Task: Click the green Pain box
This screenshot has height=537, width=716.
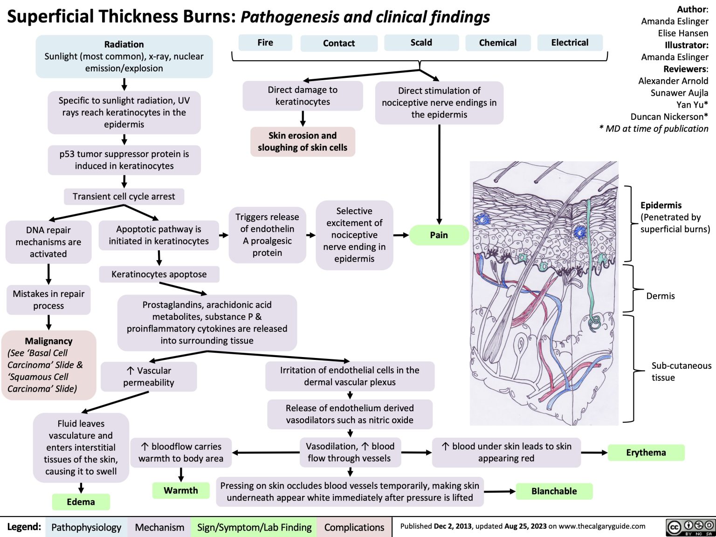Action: coord(439,235)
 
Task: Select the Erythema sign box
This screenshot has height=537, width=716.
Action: coord(646,453)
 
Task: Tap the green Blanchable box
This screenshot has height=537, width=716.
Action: coord(554,491)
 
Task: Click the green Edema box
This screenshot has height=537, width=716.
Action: coord(81,502)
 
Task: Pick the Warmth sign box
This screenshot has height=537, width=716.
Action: coord(181,490)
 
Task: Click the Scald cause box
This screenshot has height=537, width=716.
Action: coord(421,42)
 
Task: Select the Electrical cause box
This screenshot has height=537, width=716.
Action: coord(570,42)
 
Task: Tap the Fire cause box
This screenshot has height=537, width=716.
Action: coord(265,42)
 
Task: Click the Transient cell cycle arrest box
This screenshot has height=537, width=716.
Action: coord(124,197)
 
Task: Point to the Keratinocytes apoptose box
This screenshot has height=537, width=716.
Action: coord(159,275)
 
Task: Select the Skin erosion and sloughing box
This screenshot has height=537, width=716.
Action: coord(303,142)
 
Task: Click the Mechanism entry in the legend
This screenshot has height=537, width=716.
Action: coord(159,527)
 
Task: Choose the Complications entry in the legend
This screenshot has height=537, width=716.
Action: coord(354,527)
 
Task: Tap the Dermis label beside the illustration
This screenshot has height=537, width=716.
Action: coord(660,296)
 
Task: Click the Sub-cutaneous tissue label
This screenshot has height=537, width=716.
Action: coord(681,372)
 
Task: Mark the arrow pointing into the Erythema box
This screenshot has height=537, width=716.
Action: coord(595,453)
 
